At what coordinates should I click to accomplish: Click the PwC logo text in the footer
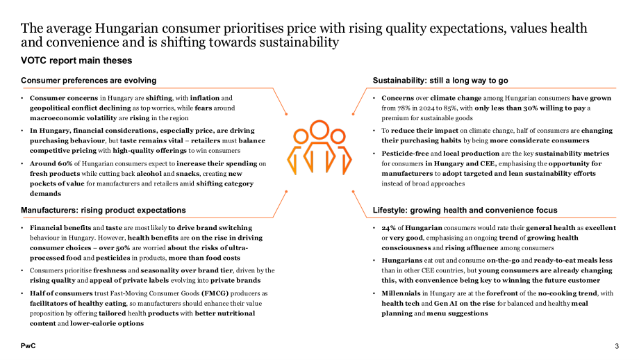click(28, 346)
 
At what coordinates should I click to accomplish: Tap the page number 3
click(617, 346)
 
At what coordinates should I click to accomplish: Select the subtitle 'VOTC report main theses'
click(76, 60)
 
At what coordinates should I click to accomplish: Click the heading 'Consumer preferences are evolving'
click(88, 81)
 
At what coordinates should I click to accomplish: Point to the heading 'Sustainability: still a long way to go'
click(440, 81)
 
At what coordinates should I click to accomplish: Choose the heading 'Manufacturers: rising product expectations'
click(103, 211)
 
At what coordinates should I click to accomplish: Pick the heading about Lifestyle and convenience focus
click(465, 211)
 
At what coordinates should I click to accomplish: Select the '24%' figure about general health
click(388, 228)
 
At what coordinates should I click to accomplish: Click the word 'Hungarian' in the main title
click(126, 28)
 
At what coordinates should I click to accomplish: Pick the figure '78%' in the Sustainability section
click(405, 108)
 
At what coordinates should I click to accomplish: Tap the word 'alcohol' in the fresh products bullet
click(149, 174)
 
